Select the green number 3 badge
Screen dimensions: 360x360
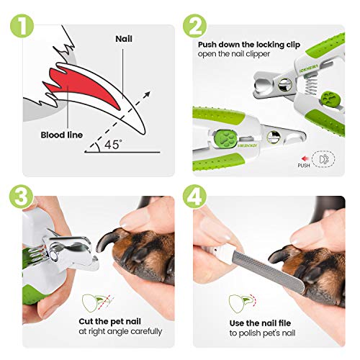tap(19, 194)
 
